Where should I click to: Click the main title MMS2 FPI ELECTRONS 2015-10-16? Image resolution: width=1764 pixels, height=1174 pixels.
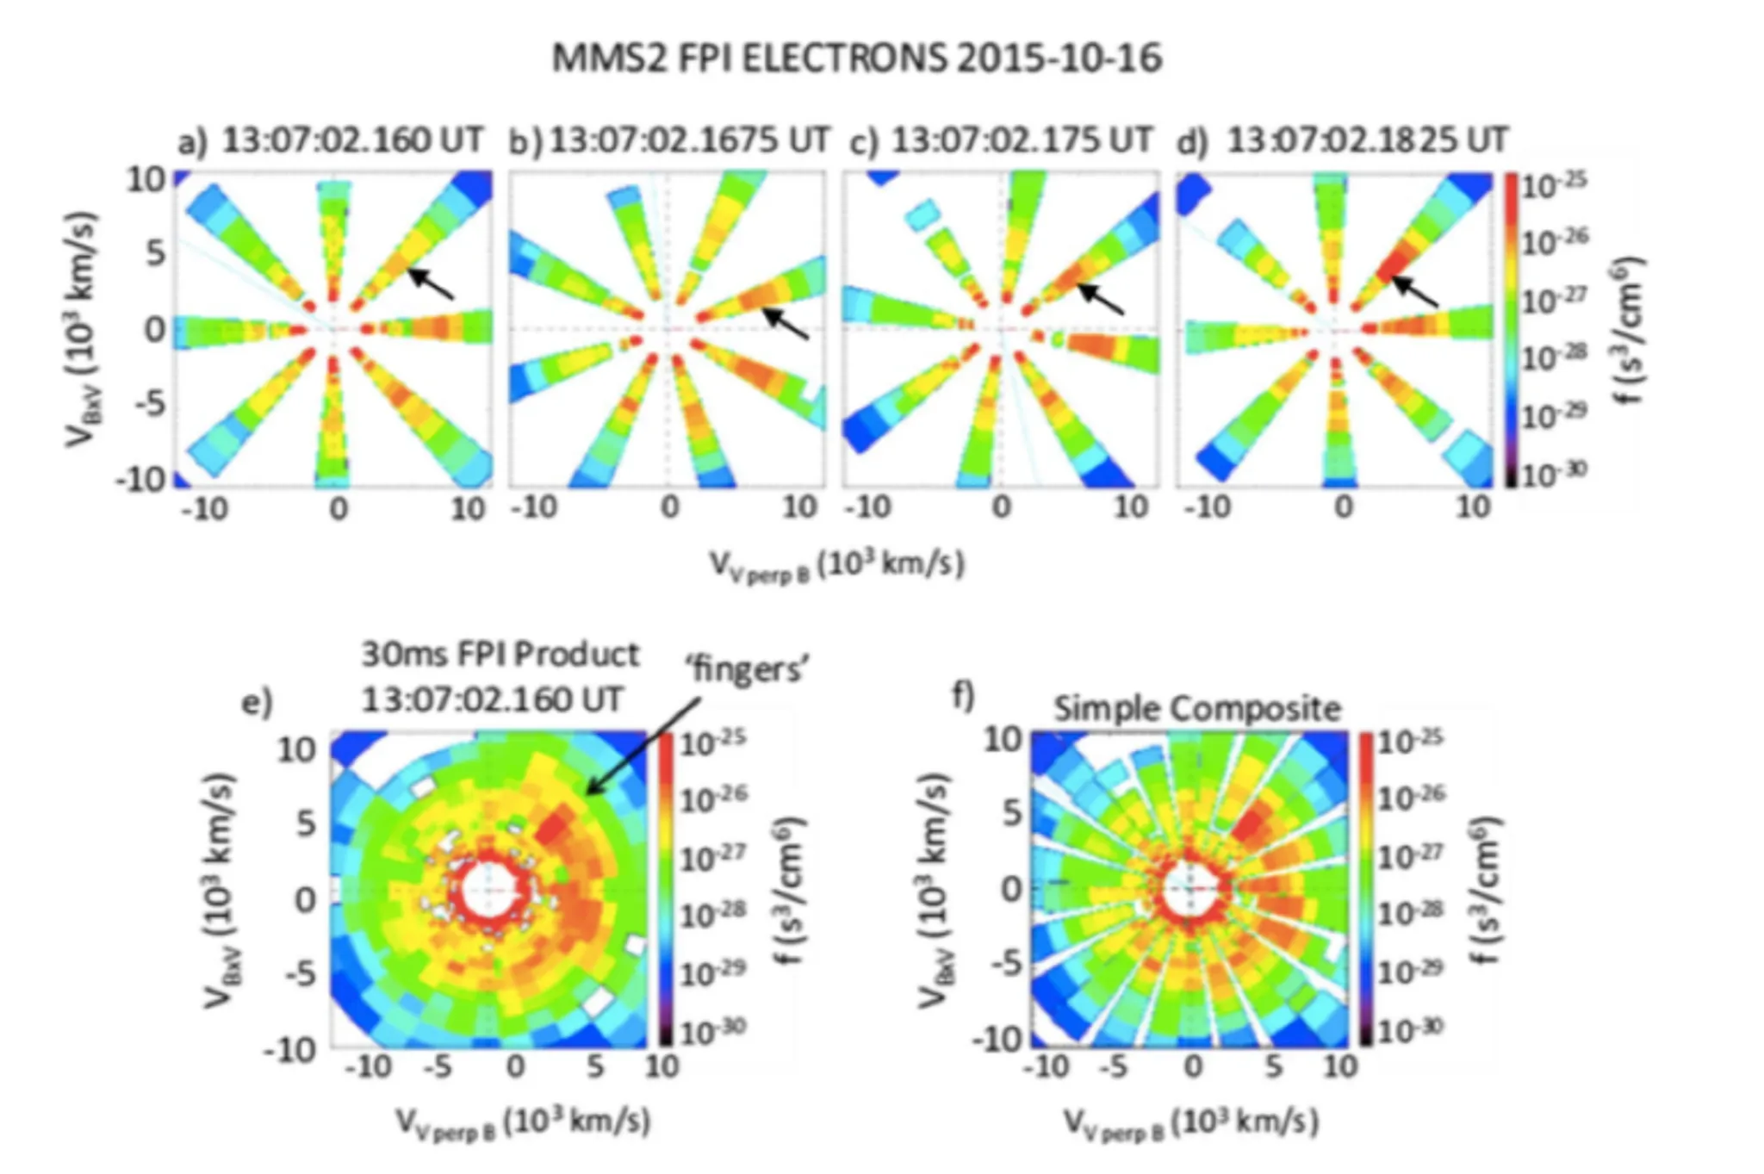pyautogui.click(x=856, y=59)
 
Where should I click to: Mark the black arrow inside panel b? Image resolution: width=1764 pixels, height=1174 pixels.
pyautogui.click(x=786, y=324)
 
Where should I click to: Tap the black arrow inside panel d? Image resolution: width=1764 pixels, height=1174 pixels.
pyautogui.click(x=1415, y=291)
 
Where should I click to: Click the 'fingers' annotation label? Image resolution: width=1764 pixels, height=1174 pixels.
pyautogui.click(x=747, y=669)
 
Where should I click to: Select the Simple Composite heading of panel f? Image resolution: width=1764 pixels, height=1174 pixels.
pyautogui.click(x=1197, y=708)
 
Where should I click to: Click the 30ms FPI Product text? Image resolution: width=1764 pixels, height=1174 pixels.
pyautogui.click(x=500, y=655)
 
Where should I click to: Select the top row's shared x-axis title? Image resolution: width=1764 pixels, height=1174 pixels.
pyautogui.click(x=835, y=565)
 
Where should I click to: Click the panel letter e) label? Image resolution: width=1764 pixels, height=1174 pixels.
pyautogui.click(x=257, y=702)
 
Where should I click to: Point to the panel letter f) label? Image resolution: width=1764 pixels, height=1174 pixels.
pyautogui.click(x=963, y=693)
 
